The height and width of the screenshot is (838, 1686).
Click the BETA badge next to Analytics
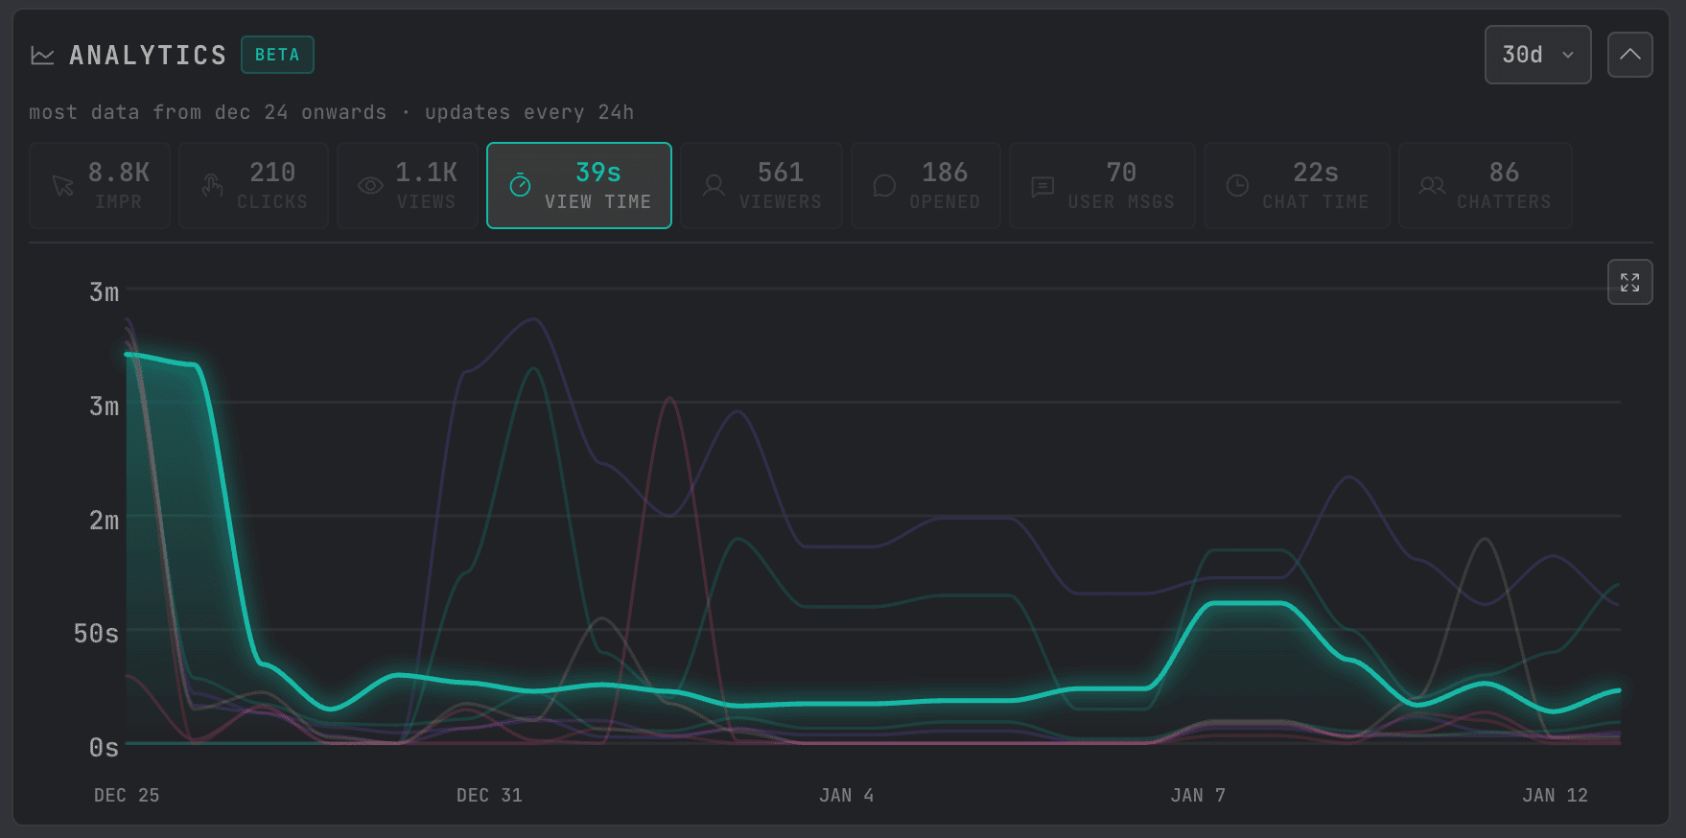(277, 55)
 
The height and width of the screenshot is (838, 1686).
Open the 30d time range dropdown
(1536, 55)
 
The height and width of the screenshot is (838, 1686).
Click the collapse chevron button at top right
(1629, 55)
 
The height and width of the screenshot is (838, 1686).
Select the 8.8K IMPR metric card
(100, 185)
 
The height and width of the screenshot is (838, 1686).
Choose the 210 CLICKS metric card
(253, 185)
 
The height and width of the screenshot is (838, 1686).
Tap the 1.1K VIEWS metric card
(408, 185)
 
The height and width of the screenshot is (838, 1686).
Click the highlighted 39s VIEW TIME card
(578, 185)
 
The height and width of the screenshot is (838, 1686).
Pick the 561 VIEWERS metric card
(761, 185)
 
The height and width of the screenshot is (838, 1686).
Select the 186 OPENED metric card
(925, 185)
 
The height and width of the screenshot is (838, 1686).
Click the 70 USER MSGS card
(1102, 185)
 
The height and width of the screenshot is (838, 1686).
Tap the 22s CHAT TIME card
(1297, 185)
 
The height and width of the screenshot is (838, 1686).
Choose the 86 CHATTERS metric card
(1485, 185)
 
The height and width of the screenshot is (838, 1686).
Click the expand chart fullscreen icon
(1629, 282)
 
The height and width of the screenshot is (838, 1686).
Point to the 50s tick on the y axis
(96, 634)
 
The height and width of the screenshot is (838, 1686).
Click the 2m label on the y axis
(104, 521)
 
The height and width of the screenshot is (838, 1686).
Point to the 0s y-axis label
(104, 748)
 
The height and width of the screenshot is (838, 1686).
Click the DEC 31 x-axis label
(489, 795)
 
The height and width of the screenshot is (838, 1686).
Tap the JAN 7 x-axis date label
(1198, 795)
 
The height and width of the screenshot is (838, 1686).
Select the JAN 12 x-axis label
(1555, 795)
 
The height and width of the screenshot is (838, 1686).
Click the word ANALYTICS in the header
(148, 56)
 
